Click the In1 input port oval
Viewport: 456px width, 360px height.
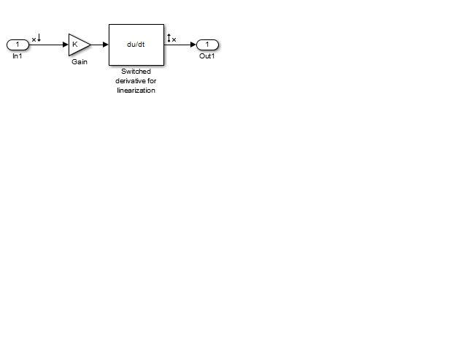click(x=18, y=45)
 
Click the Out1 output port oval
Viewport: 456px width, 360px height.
click(x=207, y=45)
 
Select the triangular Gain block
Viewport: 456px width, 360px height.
click(x=79, y=45)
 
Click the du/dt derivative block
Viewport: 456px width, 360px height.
click(x=136, y=45)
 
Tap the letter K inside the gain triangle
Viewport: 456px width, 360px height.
click(x=75, y=45)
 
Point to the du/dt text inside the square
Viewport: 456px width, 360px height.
click(x=136, y=45)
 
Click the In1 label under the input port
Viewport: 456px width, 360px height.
click(x=18, y=56)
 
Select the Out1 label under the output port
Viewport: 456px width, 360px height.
click(x=207, y=56)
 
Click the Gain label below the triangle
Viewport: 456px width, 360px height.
click(x=80, y=61)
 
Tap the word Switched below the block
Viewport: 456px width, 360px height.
click(x=136, y=72)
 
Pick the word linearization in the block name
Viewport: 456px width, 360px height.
click(x=136, y=91)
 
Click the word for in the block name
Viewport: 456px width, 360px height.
click(x=152, y=80)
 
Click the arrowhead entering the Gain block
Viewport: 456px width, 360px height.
click(x=66, y=45)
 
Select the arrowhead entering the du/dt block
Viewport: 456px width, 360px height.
click(x=106, y=45)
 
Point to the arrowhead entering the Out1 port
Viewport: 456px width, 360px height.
click(x=193, y=45)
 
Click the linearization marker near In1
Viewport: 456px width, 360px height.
click(x=36, y=38)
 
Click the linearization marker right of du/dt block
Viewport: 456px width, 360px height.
click(x=171, y=38)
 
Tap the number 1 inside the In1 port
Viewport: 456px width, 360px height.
click(x=18, y=45)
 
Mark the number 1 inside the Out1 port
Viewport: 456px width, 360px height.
click(x=207, y=45)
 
